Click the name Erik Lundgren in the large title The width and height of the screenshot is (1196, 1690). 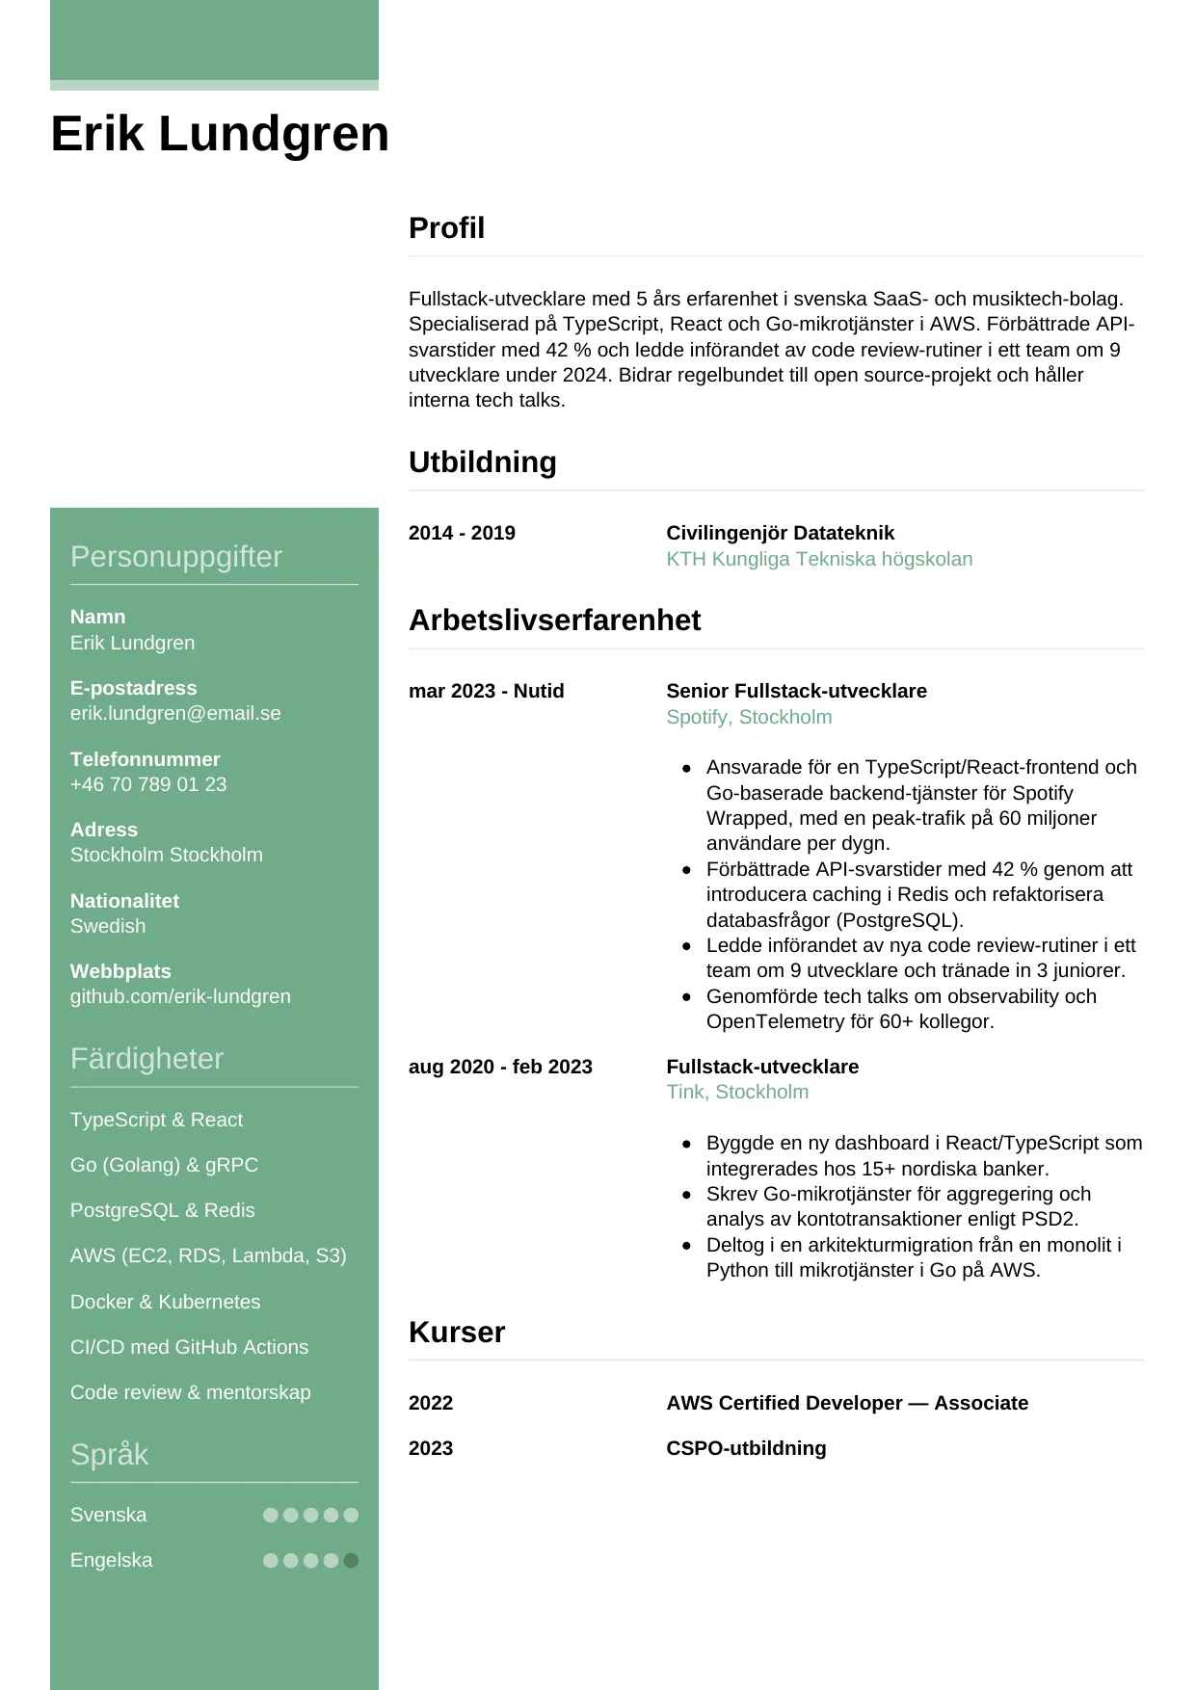[x=220, y=134]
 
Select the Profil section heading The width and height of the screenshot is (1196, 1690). [x=446, y=228]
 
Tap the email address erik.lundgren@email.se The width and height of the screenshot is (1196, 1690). [x=175, y=713]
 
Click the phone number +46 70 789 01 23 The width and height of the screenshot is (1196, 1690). [x=148, y=784]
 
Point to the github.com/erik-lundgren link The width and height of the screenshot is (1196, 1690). [x=180, y=996]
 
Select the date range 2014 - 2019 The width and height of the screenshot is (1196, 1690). [x=462, y=533]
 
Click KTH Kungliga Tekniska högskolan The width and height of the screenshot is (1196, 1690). [x=819, y=559]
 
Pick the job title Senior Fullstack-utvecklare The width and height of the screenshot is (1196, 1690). [x=796, y=691]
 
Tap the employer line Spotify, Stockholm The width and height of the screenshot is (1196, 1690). [x=749, y=717]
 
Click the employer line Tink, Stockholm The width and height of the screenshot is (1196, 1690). [x=737, y=1092]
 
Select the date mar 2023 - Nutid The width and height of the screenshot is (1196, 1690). [x=486, y=691]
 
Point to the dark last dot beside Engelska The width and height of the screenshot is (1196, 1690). [x=351, y=1560]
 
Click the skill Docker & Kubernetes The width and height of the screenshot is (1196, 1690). [x=165, y=1302]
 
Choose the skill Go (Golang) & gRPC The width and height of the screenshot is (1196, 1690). [x=164, y=1165]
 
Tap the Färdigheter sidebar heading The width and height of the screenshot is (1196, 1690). [x=146, y=1059]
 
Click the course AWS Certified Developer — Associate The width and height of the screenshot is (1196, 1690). [x=847, y=1403]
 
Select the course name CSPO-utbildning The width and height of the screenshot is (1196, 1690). [x=746, y=1448]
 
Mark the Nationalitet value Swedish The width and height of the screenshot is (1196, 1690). [x=108, y=926]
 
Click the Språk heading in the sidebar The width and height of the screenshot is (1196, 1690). [x=109, y=1454]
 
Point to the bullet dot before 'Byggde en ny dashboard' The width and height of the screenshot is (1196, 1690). [x=686, y=1144]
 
